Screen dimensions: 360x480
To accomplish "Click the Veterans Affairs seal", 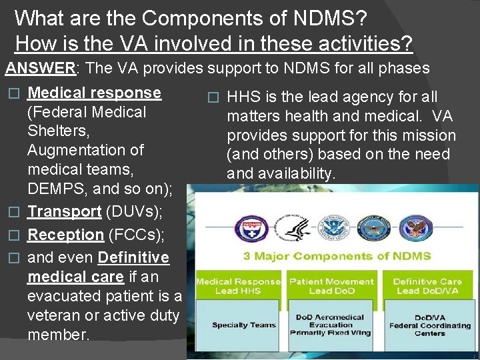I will pos(412,228).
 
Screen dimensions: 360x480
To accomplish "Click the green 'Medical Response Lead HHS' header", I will pos(238,287).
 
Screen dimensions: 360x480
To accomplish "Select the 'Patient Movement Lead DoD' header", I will pos(331,287).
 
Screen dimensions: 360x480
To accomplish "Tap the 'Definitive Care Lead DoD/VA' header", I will pos(427,287).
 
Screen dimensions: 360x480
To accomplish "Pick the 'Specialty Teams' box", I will pos(239,325).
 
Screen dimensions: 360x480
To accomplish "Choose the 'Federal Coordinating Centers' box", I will pos(429,325).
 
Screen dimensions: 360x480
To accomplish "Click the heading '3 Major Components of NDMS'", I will pos(337,256).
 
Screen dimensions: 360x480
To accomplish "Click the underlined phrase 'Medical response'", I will pos(94,93).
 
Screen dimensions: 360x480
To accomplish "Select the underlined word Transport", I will pos(64,211).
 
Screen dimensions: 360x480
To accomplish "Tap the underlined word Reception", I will pos(65,235).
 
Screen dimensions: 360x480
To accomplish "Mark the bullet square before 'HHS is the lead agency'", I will pos(213,97).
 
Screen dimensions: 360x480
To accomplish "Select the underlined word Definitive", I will pos(133,257).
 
